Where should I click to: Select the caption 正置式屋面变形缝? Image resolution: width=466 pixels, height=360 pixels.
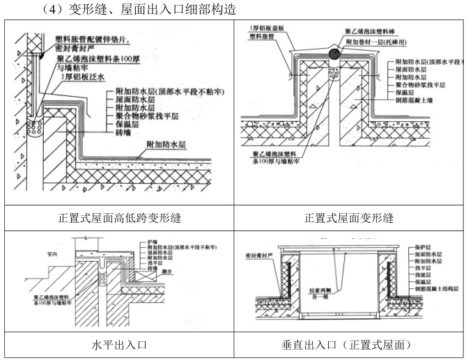click(349, 218)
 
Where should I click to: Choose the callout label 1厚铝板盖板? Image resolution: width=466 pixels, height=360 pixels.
click(272, 29)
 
